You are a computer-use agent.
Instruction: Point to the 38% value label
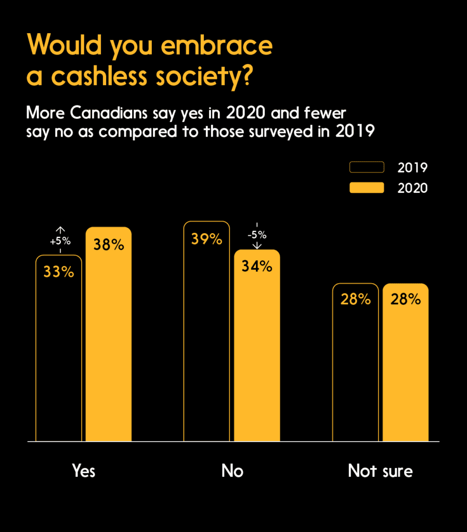(109, 245)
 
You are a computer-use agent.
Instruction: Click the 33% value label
(59, 272)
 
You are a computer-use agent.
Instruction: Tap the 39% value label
(207, 239)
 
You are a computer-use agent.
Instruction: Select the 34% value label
(257, 267)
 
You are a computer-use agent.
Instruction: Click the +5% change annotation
(60, 241)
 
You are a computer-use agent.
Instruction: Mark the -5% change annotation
(257, 234)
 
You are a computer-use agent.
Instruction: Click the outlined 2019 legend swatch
(367, 167)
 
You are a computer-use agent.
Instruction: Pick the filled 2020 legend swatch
(367, 188)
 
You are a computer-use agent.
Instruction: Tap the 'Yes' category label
(84, 471)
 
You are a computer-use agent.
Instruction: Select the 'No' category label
(232, 471)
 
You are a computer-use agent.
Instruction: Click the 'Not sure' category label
(380, 471)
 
